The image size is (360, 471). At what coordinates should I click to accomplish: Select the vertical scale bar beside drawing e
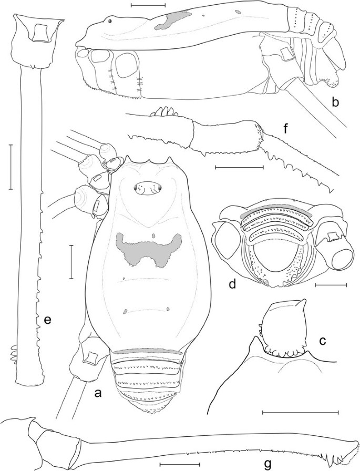11,167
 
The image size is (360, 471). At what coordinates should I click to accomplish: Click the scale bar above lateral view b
148,6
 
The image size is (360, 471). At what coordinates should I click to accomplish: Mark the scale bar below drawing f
239,168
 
